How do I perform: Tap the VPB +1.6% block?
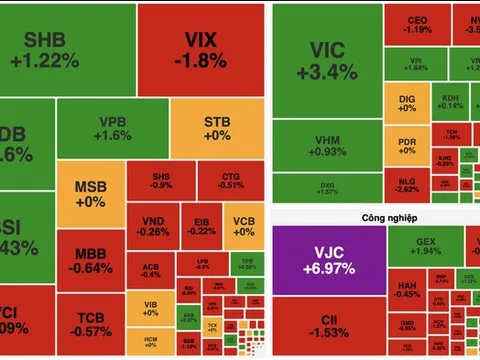coord(114,129)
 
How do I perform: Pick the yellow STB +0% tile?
coord(217,129)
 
